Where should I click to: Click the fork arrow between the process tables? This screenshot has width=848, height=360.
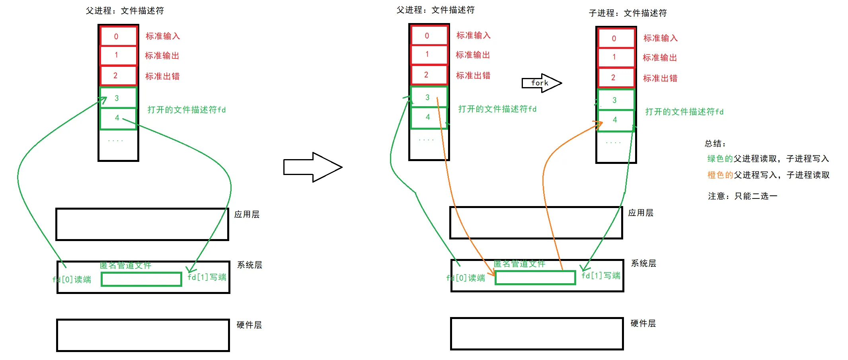541,83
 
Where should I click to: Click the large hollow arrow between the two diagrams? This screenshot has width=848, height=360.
312,167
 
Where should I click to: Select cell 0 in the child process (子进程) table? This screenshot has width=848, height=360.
615,39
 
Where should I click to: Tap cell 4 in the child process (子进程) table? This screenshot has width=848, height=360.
615,120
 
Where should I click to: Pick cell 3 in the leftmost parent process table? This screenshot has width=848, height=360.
117,98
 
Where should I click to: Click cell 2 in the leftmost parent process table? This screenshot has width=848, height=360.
117,76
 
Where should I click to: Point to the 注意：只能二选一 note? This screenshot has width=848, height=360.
742,196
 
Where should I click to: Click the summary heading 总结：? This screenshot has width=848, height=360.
715,144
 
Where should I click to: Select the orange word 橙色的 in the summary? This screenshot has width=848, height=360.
720,175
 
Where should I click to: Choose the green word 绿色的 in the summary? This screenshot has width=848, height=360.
720,159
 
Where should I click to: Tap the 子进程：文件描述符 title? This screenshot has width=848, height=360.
628,13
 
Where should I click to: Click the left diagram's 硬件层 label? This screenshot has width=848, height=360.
249,325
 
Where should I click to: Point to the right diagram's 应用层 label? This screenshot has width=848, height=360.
641,213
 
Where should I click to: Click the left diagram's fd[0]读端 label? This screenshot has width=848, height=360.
72,279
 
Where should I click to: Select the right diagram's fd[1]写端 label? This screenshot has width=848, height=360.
601,276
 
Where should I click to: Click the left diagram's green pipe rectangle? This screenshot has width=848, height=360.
141,279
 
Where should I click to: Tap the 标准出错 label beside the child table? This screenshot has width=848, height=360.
660,78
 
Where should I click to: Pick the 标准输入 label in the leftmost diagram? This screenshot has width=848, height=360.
162,36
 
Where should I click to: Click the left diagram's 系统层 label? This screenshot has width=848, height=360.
250,265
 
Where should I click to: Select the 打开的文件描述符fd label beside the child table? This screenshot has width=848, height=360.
684,112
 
